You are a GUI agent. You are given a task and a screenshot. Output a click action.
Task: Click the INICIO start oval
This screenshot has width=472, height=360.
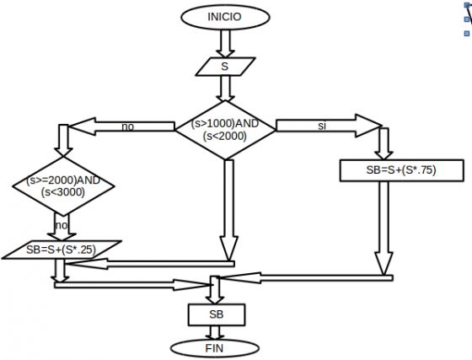tap(225, 17)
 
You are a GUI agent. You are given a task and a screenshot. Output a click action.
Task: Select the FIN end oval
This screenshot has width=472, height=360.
tap(215, 348)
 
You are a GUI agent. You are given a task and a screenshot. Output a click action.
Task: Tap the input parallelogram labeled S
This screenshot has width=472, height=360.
tap(226, 67)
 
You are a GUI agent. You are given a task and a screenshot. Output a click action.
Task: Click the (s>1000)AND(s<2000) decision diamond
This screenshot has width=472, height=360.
tap(225, 130)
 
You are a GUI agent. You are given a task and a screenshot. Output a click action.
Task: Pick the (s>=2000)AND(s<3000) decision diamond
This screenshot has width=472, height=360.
tap(63, 186)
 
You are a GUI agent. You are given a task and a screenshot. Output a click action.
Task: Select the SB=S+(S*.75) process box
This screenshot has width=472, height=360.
tap(401, 170)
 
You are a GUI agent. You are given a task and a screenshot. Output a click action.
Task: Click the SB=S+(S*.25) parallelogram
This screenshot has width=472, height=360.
tap(62, 250)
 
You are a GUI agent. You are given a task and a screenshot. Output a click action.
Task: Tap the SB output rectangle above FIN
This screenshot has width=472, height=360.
tap(217, 314)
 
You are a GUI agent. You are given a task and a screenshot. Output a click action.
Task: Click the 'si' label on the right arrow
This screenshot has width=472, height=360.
tap(322, 126)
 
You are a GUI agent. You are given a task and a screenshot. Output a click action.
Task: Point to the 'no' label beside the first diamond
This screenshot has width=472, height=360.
tap(127, 126)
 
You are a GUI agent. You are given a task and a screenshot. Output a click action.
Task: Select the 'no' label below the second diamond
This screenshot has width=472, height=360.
tap(62, 225)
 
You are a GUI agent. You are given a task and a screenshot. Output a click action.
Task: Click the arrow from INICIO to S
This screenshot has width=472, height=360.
tap(226, 44)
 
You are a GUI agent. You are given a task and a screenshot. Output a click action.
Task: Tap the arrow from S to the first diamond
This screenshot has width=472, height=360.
tap(226, 89)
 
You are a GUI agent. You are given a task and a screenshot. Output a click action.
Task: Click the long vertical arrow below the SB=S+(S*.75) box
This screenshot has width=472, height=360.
tap(383, 228)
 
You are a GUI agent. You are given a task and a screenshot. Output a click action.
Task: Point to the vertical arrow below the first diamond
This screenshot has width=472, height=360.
tap(228, 209)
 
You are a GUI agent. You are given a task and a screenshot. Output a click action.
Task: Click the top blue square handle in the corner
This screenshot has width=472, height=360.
tap(467, 5)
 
